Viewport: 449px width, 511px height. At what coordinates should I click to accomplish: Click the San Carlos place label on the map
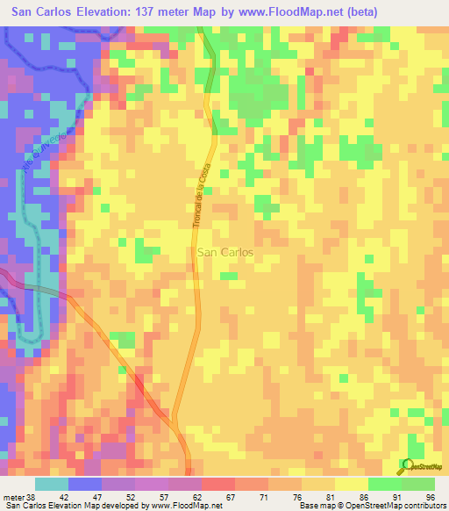click(x=224, y=252)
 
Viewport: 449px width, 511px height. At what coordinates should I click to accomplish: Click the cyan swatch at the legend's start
click(x=51, y=485)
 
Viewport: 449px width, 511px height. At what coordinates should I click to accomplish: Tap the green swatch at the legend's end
click(x=418, y=485)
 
